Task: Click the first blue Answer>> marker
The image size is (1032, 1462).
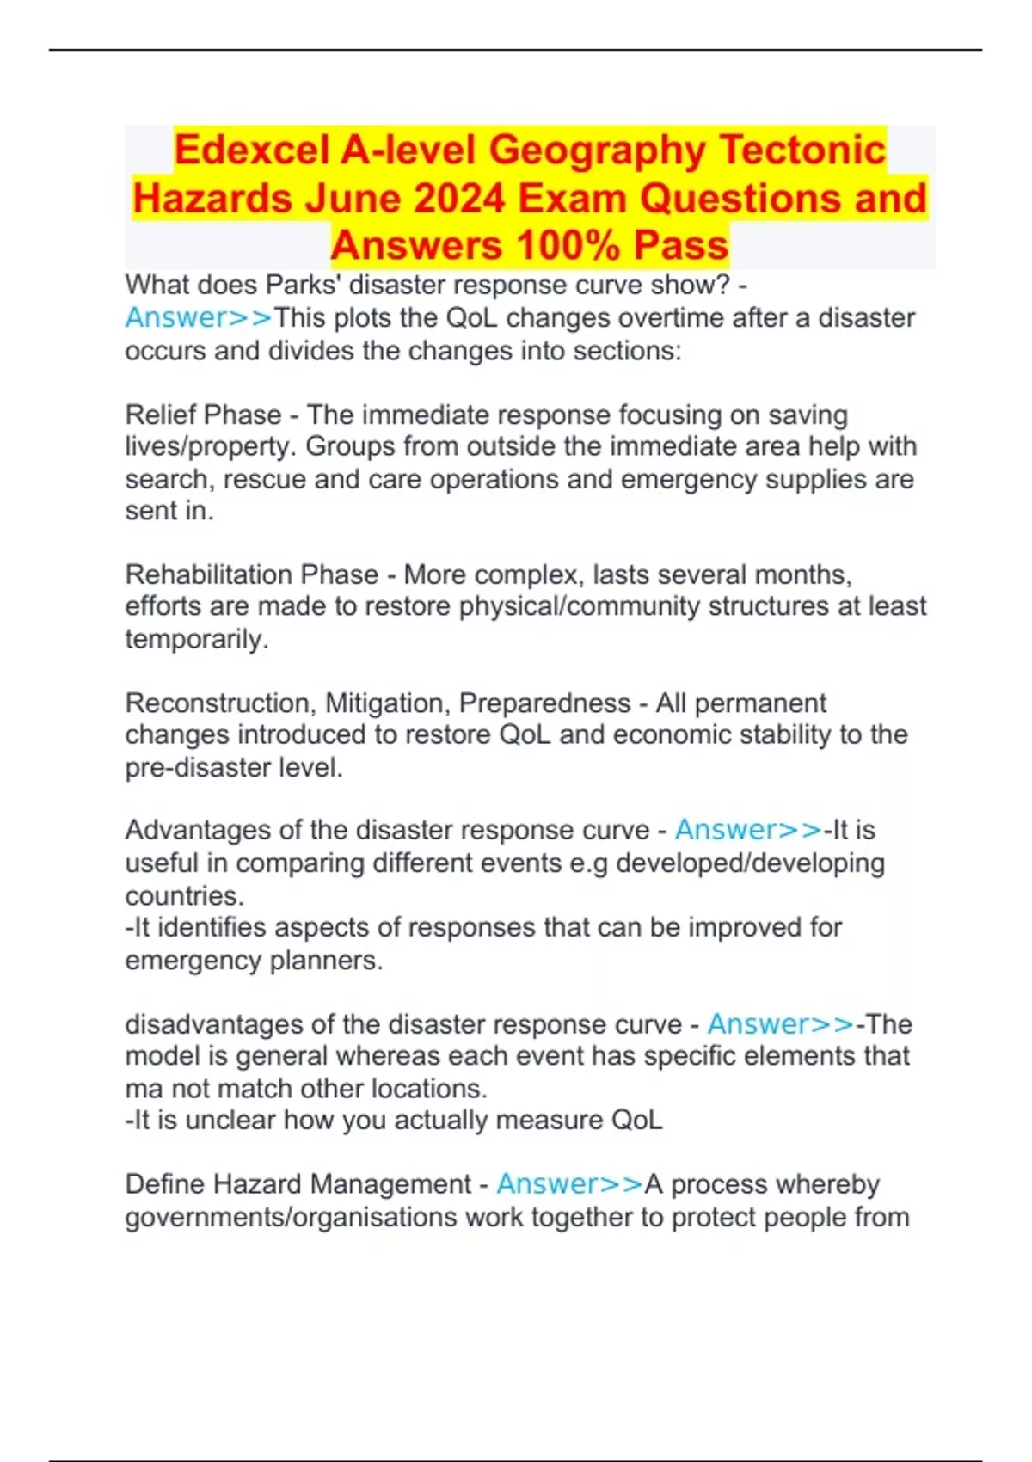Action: click(199, 317)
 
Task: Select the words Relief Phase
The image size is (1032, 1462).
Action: click(203, 415)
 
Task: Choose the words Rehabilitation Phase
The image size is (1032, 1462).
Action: click(252, 574)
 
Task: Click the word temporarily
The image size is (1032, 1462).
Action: click(196, 639)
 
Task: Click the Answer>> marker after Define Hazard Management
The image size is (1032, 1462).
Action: click(569, 1184)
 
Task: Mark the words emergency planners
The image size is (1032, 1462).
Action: click(254, 960)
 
